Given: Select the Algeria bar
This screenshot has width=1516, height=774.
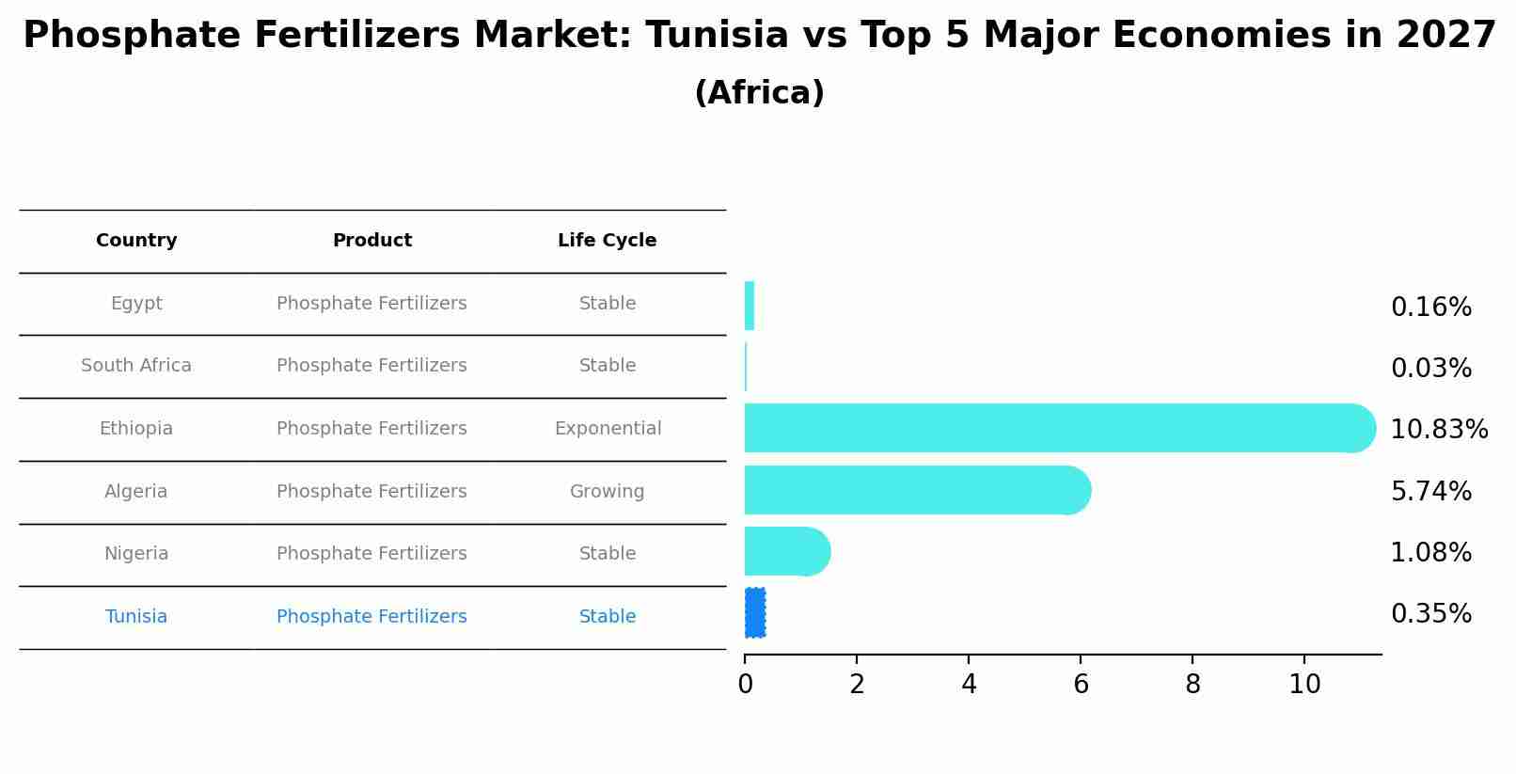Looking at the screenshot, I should [x=912, y=490].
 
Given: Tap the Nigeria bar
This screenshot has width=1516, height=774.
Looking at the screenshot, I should [x=785, y=551].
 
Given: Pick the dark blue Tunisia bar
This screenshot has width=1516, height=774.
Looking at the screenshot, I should [x=754, y=613].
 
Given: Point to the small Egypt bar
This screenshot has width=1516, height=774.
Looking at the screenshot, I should [x=750, y=306].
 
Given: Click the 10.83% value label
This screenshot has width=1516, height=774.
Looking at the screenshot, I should [x=1438, y=430].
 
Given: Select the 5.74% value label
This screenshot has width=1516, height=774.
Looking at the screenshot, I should [x=1430, y=492].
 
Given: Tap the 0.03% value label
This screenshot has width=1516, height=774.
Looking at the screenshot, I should [x=1430, y=369].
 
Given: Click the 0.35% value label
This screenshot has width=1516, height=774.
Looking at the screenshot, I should [x=1430, y=614].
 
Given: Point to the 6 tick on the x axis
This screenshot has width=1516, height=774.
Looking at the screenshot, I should [x=1081, y=685].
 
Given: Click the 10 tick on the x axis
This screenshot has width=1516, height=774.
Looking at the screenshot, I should [x=1304, y=685].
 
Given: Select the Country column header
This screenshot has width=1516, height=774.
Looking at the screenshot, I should [x=136, y=241].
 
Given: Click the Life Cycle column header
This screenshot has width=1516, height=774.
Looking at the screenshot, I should [x=607, y=241].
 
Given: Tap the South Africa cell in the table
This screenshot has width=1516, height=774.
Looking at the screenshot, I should [x=136, y=366].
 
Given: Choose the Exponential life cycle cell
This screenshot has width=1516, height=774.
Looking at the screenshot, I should [x=608, y=429].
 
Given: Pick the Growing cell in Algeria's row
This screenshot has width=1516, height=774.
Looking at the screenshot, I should [x=607, y=492].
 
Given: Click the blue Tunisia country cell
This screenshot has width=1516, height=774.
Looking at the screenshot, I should [x=136, y=617].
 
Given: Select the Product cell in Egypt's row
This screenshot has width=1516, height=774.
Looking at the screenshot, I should [x=371, y=304].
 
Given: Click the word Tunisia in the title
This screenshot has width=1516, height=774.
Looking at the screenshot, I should [x=717, y=36].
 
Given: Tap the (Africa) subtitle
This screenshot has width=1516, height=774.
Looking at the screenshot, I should [x=759, y=93].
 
